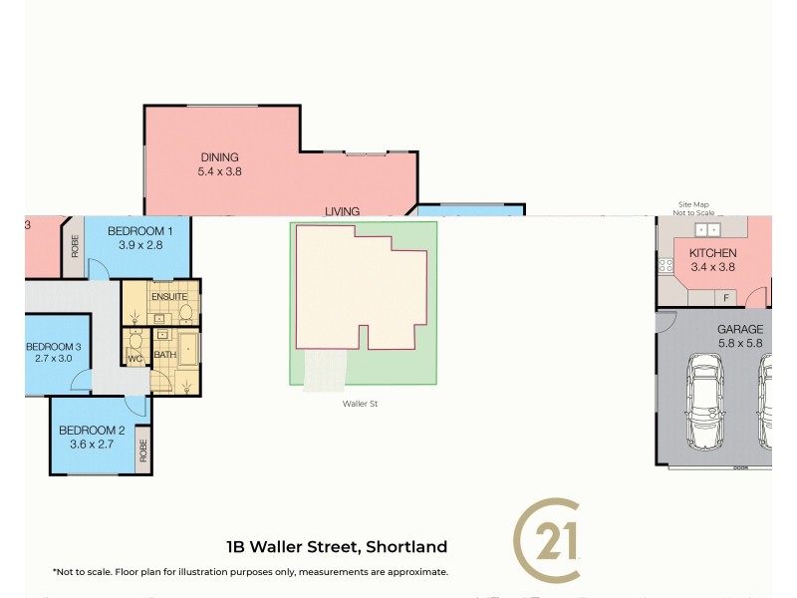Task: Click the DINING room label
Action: (220, 156)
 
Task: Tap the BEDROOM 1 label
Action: (140, 231)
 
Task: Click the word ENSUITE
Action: (169, 297)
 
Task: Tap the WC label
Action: (136, 357)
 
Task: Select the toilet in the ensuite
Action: (184, 314)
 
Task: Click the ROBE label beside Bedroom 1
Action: (75, 246)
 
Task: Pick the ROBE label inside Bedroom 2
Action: (142, 450)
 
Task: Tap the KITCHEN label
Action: (712, 253)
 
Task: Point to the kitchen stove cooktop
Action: (664, 266)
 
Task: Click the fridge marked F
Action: (726, 297)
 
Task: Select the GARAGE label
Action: (739, 329)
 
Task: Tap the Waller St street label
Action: (363, 404)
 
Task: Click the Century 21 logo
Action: (547, 540)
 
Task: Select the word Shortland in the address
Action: (406, 546)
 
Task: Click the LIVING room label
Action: (342, 210)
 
